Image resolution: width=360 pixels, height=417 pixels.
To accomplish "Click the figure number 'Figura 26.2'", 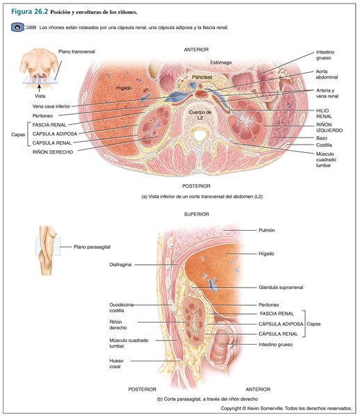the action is (29, 12).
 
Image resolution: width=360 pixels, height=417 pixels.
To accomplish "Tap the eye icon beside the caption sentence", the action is (18, 27).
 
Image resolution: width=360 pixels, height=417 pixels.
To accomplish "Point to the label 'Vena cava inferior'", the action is (51, 106).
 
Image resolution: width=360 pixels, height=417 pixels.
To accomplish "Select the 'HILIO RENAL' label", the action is (324, 113).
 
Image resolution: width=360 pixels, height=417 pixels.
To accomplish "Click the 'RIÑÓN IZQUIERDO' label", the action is (329, 128).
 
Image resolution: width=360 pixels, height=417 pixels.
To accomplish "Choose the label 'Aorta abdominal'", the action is (327, 74).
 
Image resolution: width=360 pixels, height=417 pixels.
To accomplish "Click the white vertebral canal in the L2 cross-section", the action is (199, 136).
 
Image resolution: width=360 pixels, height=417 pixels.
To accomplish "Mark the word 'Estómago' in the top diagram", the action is (221, 63).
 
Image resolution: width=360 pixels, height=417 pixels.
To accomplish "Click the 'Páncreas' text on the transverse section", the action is (202, 77).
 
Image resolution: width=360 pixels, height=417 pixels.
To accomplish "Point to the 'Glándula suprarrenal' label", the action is (281, 287).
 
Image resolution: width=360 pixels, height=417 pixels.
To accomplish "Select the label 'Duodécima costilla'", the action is (121, 308).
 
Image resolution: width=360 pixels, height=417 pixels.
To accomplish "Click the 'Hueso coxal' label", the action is (116, 363).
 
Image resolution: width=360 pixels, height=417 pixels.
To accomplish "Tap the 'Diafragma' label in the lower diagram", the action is (120, 265).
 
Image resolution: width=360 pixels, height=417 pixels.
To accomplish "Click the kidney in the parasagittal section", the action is (194, 322).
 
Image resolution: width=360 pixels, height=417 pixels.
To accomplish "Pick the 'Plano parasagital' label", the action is (92, 247).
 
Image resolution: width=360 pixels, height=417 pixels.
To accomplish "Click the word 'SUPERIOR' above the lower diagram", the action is (197, 214).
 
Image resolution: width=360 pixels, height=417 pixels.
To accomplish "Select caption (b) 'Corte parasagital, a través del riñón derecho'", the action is (207, 399).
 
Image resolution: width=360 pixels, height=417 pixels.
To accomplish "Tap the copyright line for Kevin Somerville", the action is (286, 408).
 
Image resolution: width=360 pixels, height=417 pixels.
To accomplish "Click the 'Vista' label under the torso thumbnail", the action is (40, 96).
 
